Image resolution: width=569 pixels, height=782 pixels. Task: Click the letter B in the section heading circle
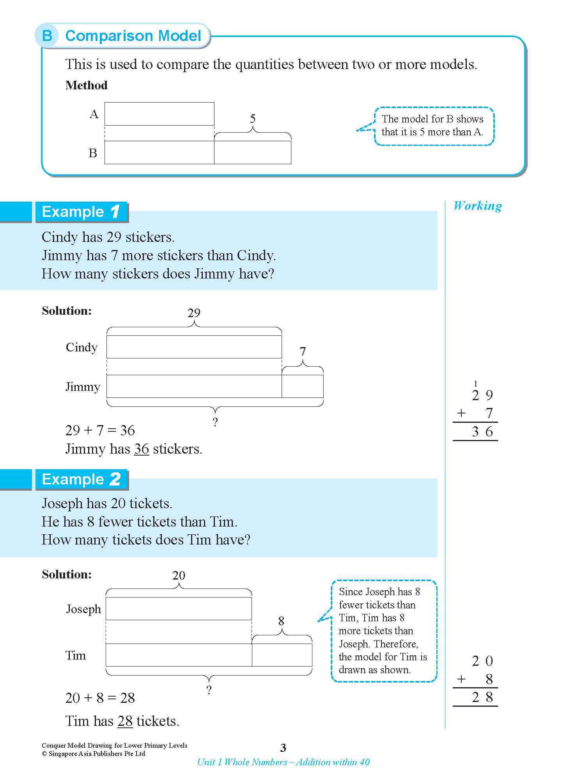(x=47, y=36)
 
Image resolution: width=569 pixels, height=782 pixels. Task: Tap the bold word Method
(x=86, y=85)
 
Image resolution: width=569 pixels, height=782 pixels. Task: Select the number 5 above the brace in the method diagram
(x=253, y=119)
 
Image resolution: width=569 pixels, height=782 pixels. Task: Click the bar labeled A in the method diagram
(x=159, y=113)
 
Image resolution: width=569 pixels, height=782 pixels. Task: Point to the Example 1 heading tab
(x=81, y=212)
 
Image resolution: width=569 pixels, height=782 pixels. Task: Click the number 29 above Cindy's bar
(x=194, y=313)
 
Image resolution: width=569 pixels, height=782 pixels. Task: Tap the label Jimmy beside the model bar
(x=83, y=387)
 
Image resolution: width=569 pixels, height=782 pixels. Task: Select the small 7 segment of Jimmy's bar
(x=302, y=386)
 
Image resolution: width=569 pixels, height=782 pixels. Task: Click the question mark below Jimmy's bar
(x=215, y=422)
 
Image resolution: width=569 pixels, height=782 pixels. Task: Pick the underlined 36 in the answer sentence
(x=142, y=449)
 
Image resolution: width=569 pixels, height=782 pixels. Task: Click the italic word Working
(x=477, y=206)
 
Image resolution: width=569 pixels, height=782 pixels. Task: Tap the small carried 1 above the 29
(x=475, y=383)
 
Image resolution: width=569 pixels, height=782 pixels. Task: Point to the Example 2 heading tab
(x=81, y=479)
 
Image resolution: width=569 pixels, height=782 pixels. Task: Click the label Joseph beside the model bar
(x=83, y=609)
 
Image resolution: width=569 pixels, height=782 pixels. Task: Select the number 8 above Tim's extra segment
(x=281, y=621)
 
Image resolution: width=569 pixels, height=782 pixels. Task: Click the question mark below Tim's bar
(x=209, y=690)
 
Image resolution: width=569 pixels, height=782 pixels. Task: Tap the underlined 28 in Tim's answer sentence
(x=125, y=721)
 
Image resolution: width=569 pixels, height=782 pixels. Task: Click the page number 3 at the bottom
(x=283, y=748)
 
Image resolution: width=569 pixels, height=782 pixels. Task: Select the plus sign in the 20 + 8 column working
(x=461, y=679)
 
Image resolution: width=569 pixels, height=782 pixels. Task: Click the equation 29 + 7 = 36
(x=100, y=431)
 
